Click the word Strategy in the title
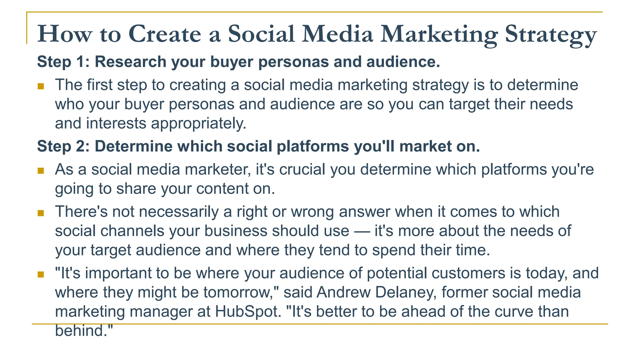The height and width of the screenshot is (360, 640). [x=551, y=34]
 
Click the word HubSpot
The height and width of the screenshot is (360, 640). [x=248, y=312]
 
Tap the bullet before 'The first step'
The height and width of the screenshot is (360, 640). [x=41, y=86]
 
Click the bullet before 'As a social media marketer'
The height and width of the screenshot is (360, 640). [x=41, y=171]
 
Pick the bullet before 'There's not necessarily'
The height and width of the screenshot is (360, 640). [x=41, y=213]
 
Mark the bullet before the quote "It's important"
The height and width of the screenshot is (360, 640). [x=41, y=274]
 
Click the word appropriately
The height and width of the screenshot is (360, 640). [x=199, y=123]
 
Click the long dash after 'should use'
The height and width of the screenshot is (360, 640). [x=362, y=231]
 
